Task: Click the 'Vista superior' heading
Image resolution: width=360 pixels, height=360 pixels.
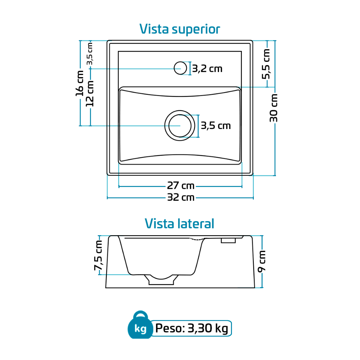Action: coord(180,29)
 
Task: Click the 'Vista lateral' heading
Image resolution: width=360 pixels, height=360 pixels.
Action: coord(179,224)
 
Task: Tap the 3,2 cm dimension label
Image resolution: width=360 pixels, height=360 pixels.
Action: coord(207,69)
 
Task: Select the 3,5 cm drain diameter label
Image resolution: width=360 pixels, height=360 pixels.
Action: coord(216,126)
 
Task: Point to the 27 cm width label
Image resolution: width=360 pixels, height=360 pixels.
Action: coord(181,186)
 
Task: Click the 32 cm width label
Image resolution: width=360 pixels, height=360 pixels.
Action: coord(181,198)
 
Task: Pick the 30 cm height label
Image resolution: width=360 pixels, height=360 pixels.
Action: coord(274,108)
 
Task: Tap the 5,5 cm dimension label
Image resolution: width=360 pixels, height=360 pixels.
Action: coord(266,64)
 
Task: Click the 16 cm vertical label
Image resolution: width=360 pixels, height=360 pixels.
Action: coord(80,83)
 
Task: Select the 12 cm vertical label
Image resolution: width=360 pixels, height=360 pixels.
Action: coord(90,94)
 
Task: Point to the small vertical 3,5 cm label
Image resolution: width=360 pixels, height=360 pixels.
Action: coord(90,53)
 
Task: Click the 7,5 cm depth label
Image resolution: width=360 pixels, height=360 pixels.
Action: coord(98,255)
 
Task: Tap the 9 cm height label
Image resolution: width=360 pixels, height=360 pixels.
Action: coord(262,261)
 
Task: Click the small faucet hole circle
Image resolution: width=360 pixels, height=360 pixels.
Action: coord(180,68)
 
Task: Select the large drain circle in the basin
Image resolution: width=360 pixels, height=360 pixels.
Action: coord(180,126)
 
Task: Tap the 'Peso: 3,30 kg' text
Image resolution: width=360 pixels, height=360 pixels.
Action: coord(192,328)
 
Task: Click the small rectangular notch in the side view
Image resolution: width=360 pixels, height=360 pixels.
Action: coord(228,240)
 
